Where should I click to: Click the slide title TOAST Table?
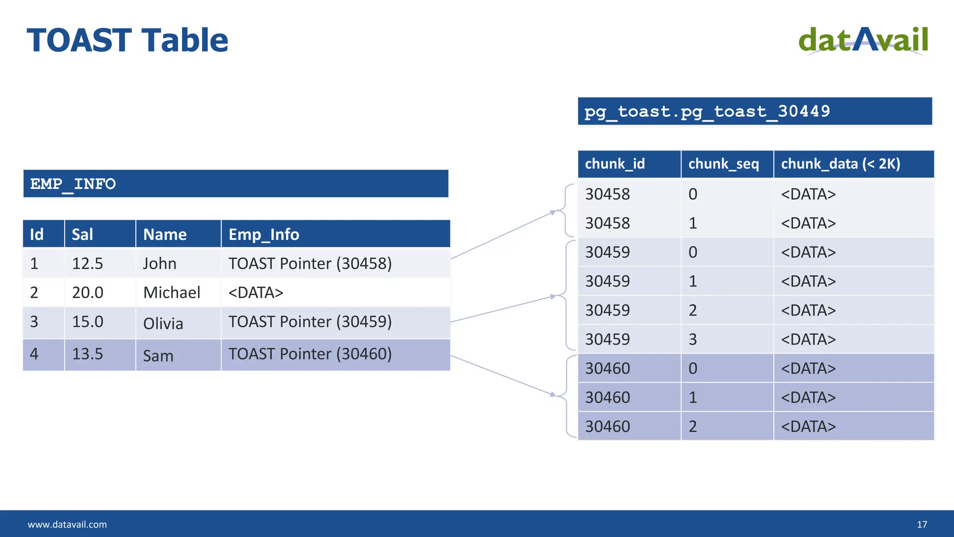(127, 40)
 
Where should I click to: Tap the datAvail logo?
(863, 41)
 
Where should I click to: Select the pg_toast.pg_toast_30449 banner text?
(707, 111)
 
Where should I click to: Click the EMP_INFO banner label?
(73, 184)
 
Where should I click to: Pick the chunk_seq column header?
(723, 164)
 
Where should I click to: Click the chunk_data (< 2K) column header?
(840, 164)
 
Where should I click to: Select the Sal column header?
(82, 234)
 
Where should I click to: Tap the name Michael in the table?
(171, 292)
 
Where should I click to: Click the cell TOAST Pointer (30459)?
(310, 322)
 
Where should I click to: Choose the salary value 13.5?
(87, 354)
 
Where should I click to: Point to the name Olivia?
(163, 323)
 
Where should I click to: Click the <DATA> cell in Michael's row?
(256, 292)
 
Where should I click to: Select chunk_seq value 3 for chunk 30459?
(693, 339)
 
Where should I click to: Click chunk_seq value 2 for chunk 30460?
(693, 427)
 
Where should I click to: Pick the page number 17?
(921, 524)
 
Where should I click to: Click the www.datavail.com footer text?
(67, 524)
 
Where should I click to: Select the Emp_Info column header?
(264, 234)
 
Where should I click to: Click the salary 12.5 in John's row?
(87, 263)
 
